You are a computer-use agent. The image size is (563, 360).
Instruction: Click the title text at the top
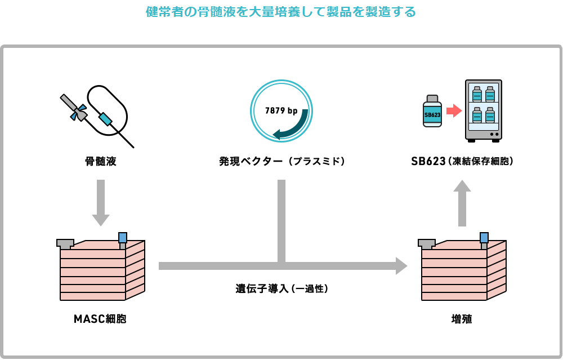pos(281,11)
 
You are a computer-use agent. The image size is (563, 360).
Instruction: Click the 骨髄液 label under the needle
pos(100,162)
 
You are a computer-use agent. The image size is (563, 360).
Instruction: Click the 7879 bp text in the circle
pos(281,111)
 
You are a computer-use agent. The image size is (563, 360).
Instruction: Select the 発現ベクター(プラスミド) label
pos(281,162)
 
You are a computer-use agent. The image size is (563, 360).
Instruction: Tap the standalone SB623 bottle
pos(432,111)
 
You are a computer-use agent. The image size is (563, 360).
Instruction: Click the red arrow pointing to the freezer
pos(453,110)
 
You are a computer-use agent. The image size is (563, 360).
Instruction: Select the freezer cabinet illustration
pos(484,110)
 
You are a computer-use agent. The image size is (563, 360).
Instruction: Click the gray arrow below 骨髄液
pos(100,202)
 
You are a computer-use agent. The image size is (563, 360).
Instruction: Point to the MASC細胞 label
pos(100,319)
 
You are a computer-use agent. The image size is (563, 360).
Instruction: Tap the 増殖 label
pos(462,319)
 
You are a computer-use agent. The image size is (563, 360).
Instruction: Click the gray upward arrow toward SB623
pos(462,203)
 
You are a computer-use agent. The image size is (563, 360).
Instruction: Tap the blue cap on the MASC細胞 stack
pos(122,238)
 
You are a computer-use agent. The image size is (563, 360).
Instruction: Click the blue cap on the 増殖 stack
pos(484,238)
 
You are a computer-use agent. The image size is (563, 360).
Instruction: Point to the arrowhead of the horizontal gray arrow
pos(401,266)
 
